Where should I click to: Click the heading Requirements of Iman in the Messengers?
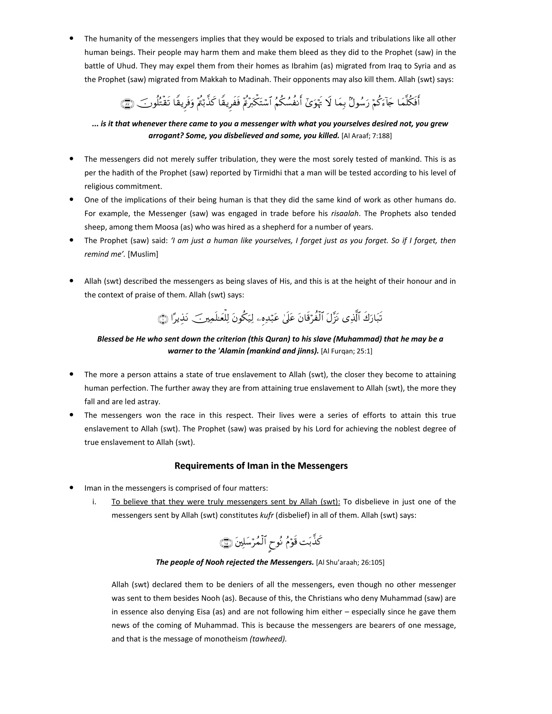pos(261,466)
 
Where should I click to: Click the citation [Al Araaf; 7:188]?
pos(366,136)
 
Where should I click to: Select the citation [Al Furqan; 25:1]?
pos(346,351)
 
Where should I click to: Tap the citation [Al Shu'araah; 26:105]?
pos(350,562)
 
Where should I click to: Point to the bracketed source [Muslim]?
pos(143,254)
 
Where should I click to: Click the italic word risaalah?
pos(345,213)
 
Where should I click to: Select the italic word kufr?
pos(267,515)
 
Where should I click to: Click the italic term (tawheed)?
pos(268,639)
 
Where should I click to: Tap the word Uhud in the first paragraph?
pos(127,66)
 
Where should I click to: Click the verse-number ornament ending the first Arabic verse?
pos(127,104)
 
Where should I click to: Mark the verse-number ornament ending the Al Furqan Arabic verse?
pos(163,319)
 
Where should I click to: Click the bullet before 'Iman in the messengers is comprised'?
pos(71,488)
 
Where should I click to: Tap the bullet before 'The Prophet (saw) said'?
pos(71,240)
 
